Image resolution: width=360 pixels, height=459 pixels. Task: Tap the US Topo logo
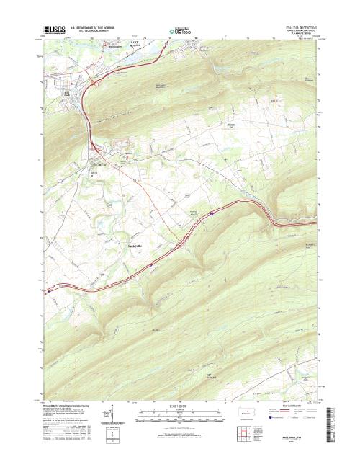[181, 32]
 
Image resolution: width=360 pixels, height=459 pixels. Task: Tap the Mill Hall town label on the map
[68, 92]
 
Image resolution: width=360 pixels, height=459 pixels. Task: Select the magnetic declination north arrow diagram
[114, 416]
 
